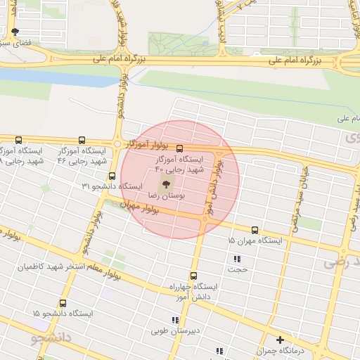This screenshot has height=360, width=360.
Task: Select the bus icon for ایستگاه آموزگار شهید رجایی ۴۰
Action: [x=179, y=148]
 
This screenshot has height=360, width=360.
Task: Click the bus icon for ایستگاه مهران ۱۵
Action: [x=255, y=229]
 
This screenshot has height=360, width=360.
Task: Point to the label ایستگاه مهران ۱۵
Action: [x=255, y=241]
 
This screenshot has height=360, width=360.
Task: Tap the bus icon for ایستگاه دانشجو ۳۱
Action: [x=112, y=176]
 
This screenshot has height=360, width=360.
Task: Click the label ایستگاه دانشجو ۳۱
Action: [x=113, y=186]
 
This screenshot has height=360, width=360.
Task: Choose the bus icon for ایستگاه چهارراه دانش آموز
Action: [x=193, y=276]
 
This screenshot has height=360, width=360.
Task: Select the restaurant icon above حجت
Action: [x=236, y=259]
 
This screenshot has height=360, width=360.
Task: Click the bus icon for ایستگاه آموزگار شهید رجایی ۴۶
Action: [x=82, y=140]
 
